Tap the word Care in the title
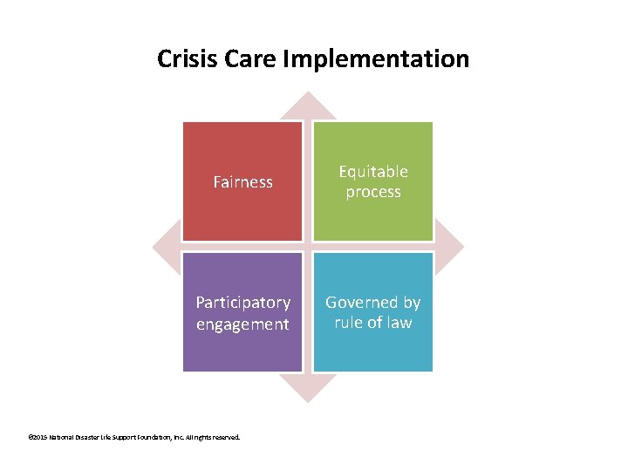(237, 59)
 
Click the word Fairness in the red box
(243, 182)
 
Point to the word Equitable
(373, 172)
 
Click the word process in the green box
(373, 192)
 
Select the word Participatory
(243, 303)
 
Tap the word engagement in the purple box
(243, 324)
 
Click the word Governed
(373, 303)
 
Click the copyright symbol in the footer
(31, 437)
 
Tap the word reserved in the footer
(226, 437)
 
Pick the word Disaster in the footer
(96, 437)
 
